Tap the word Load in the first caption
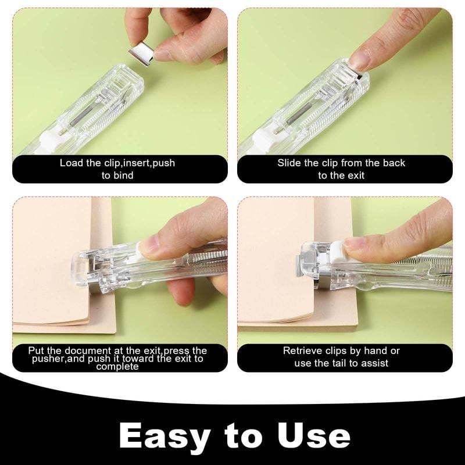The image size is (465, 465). [x=71, y=163]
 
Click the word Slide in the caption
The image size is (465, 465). [x=289, y=163]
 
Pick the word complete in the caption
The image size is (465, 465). [x=118, y=366]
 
